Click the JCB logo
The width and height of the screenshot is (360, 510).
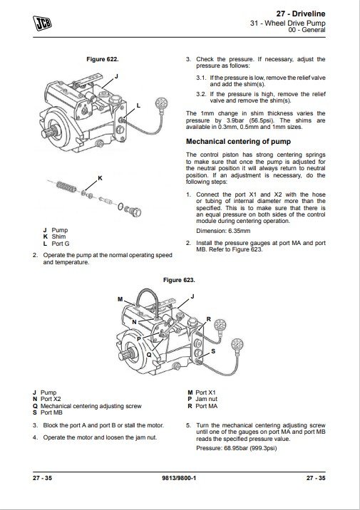(x=42, y=23)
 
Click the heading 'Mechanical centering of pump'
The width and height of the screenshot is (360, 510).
(x=238, y=142)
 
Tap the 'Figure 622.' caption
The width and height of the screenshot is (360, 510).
(x=103, y=59)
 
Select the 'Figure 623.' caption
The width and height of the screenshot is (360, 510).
(x=179, y=280)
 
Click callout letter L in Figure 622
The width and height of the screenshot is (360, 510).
(x=138, y=105)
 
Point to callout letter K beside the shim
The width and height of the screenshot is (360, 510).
(x=100, y=178)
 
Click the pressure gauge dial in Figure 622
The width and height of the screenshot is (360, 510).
(x=161, y=104)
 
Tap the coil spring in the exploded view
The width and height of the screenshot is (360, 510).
(x=66, y=187)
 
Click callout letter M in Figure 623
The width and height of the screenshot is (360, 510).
(x=120, y=299)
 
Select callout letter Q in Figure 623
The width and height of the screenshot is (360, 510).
(x=149, y=355)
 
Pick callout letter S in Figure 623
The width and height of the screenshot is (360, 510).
(x=213, y=351)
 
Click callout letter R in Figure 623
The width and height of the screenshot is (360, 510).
(x=209, y=319)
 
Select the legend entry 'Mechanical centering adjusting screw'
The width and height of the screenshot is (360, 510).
(x=87, y=406)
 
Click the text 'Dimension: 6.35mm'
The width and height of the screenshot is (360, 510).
(x=223, y=231)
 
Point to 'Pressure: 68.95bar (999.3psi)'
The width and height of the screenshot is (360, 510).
(x=237, y=448)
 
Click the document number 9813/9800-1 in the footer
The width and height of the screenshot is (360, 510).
(x=179, y=478)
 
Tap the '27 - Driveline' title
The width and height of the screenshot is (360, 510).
(x=301, y=14)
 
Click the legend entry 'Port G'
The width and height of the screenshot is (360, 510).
(x=56, y=244)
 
